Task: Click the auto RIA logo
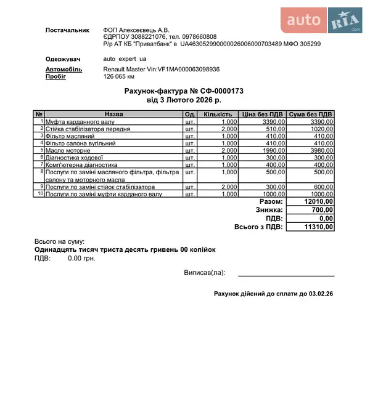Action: (323, 21)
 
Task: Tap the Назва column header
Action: (113, 115)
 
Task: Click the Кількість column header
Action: (218, 115)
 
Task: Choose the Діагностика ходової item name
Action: (74, 158)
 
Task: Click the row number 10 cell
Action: (39, 194)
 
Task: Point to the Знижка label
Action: (269, 210)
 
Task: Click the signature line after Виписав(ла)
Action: (286, 275)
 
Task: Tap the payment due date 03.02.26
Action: (320, 294)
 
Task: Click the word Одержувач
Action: (64, 59)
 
